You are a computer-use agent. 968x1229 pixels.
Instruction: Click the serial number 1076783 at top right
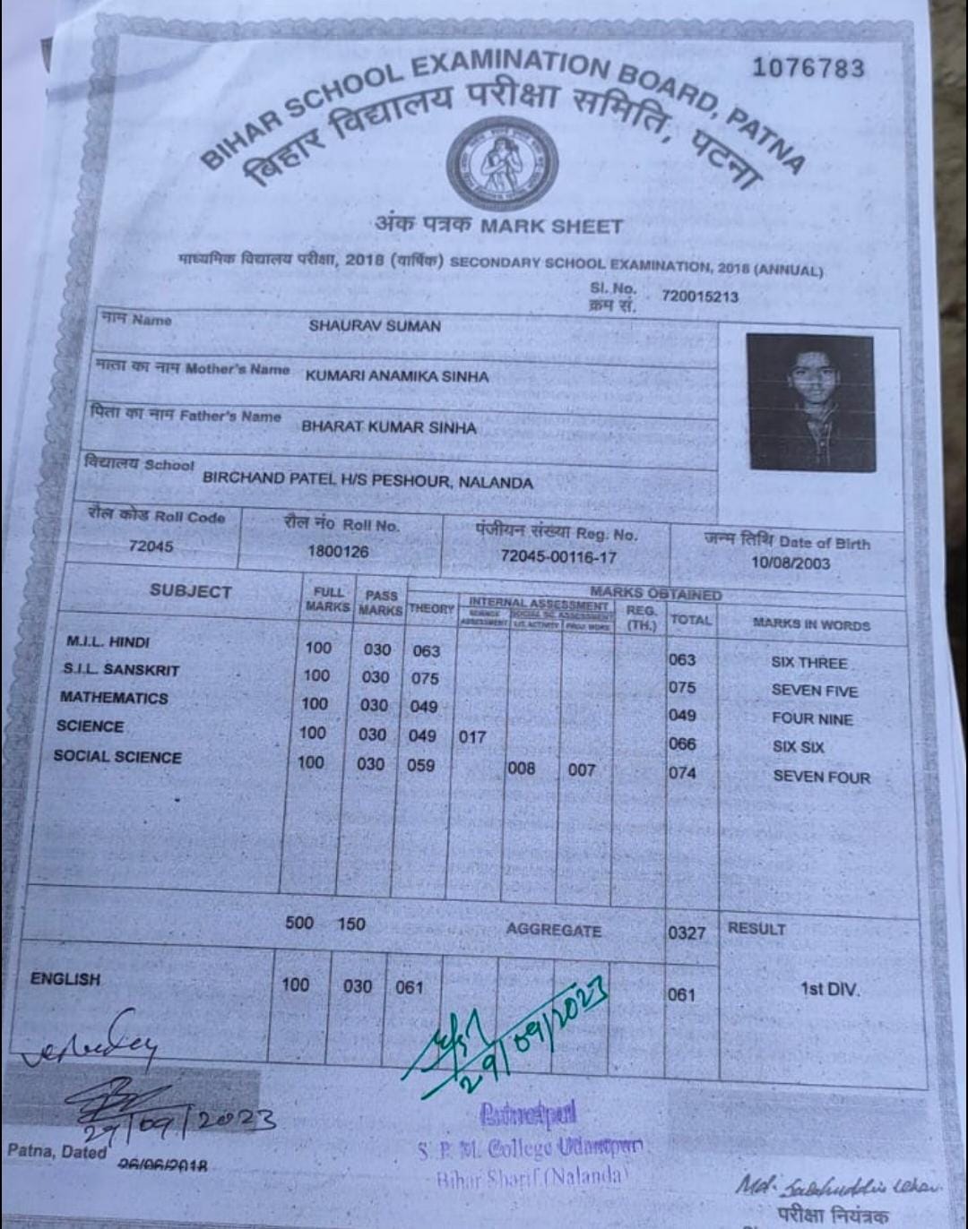tap(808, 68)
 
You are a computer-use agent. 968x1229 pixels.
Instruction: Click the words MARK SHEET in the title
tap(550, 226)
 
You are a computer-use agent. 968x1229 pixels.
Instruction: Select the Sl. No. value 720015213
tap(700, 297)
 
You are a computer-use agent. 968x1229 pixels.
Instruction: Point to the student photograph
tap(810, 402)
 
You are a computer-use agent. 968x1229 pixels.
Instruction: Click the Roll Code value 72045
tap(151, 546)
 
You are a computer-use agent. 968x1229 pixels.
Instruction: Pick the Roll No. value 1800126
tap(338, 551)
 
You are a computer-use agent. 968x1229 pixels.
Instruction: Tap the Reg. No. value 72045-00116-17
tap(557, 556)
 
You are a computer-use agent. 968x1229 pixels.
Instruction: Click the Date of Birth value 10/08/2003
tap(791, 563)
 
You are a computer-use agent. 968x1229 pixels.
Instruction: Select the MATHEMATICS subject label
tap(114, 697)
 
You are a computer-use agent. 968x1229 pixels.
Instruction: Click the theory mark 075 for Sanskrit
tap(425, 679)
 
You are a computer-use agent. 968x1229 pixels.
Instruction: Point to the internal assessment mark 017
tap(471, 736)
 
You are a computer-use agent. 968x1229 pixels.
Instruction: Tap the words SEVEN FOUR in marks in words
tap(821, 777)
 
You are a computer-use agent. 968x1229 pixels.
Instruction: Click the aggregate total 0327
tap(687, 933)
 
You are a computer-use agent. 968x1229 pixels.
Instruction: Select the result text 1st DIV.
tap(829, 990)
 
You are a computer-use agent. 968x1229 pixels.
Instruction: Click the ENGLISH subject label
tap(65, 979)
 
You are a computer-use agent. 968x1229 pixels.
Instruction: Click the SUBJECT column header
tap(190, 591)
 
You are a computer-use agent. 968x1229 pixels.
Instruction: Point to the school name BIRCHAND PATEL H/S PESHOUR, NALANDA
tap(367, 479)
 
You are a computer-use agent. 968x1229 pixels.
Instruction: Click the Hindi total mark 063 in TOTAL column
tap(682, 660)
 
